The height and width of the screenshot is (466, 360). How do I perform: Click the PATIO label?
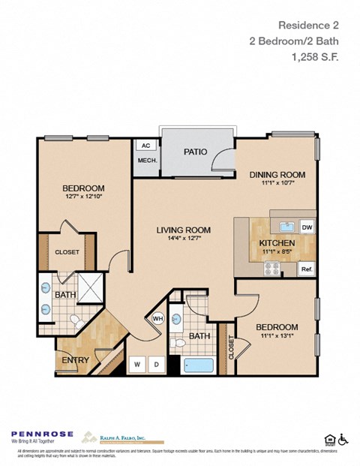tap(194, 152)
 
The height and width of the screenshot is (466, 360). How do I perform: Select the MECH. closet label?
tap(145, 161)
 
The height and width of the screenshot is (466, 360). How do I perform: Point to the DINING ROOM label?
tap(277, 175)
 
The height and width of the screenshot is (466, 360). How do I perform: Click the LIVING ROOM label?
tap(183, 230)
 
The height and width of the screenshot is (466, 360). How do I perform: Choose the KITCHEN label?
tap(277, 243)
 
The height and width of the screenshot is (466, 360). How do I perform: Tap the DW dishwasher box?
tap(306, 227)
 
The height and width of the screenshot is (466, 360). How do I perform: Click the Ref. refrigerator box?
tap(306, 269)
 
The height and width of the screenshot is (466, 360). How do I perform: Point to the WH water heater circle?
tap(158, 318)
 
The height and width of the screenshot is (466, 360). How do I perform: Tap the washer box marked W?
tap(137, 365)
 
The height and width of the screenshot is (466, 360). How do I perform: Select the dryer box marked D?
tap(156, 365)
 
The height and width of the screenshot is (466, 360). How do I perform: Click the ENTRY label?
tap(76, 360)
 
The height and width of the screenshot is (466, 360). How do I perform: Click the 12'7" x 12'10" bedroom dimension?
tap(82, 197)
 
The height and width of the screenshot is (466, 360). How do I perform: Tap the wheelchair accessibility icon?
tap(344, 439)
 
